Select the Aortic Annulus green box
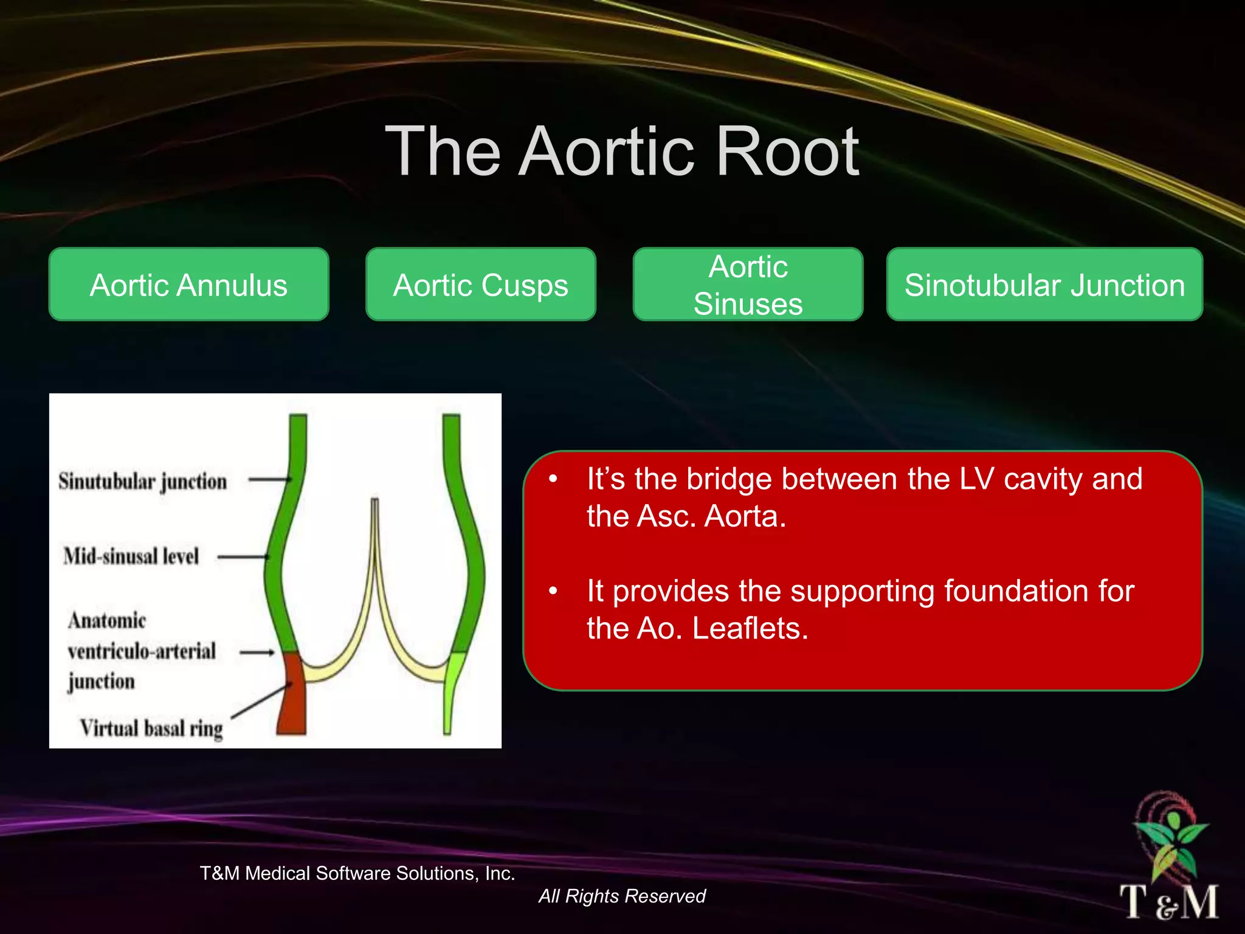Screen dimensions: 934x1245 [188, 285]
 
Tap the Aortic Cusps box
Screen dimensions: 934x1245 [480, 285]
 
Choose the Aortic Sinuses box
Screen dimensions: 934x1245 [748, 285]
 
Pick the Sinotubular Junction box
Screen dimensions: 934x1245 [1044, 285]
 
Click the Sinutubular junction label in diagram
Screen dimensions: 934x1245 [142, 482]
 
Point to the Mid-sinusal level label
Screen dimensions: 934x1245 [131, 556]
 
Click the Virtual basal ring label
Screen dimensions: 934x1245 [151, 728]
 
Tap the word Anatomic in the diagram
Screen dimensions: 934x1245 [107, 620]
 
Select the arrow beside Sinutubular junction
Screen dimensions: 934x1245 [269, 480]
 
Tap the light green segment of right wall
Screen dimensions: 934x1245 [452, 687]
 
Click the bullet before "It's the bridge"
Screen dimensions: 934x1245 [553, 479]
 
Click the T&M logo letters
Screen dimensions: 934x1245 [1168, 901]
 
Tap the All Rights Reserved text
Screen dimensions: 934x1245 [622, 896]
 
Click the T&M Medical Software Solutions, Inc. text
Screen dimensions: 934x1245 [357, 873]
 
